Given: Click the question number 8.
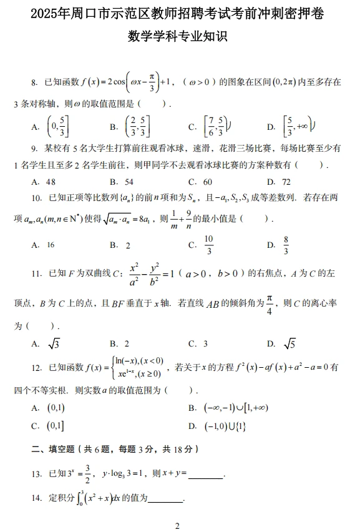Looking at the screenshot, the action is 33,82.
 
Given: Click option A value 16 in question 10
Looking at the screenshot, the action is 51,245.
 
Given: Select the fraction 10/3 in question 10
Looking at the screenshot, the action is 208,245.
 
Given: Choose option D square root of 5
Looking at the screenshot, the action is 289,343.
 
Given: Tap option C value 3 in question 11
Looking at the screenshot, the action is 205,343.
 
